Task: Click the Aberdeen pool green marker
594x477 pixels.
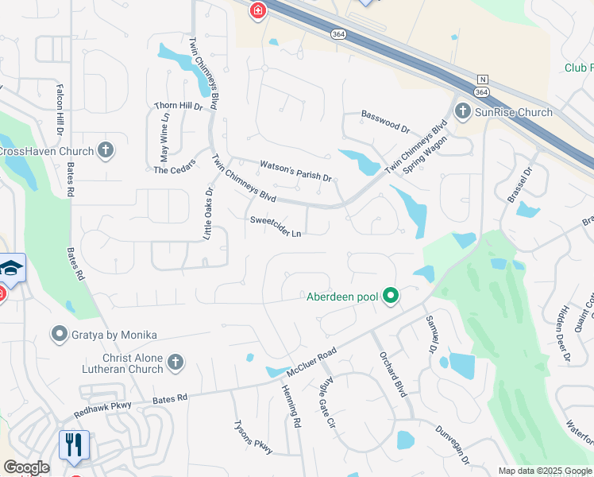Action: click(390, 297)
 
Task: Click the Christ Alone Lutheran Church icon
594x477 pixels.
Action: click(175, 363)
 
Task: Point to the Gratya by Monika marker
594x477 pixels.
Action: click(59, 335)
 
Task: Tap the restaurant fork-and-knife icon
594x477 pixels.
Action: click(75, 445)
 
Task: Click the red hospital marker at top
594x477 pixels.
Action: click(257, 10)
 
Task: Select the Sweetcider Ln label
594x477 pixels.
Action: click(276, 227)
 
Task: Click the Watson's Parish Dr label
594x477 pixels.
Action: click(295, 171)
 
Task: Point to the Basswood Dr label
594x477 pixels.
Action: click(385, 121)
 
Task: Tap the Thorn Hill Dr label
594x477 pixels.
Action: click(179, 106)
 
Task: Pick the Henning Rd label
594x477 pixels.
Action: click(291, 406)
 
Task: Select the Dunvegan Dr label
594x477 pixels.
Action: click(452, 444)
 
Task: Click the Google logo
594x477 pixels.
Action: click(26, 467)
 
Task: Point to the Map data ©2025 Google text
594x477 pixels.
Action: click(544, 471)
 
